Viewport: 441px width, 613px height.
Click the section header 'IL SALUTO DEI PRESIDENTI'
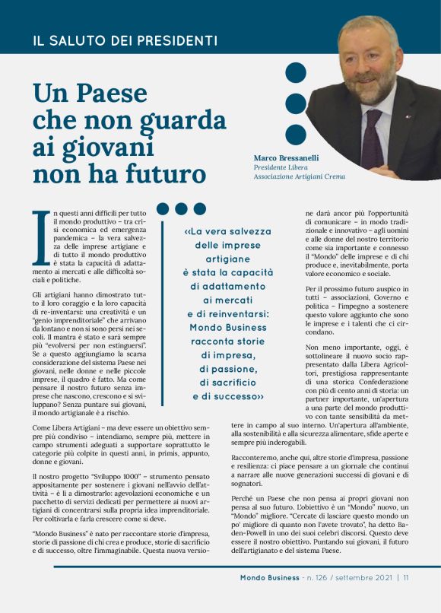125,40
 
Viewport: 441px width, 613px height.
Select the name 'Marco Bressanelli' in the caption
287,157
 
